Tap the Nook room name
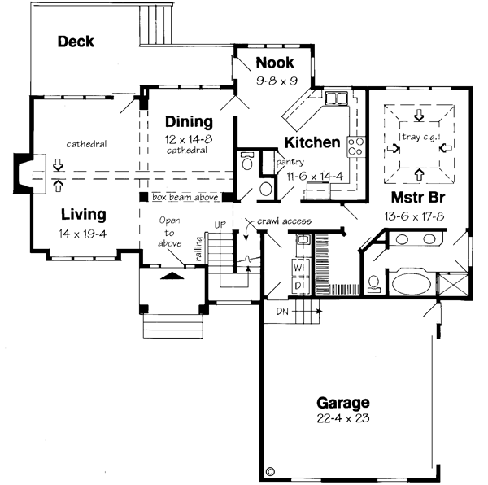click(x=274, y=63)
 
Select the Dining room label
click(x=189, y=122)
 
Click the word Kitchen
click(x=312, y=142)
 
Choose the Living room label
click(x=84, y=215)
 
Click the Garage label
click(x=343, y=403)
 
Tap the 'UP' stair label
click(x=219, y=224)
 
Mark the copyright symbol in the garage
click(x=271, y=470)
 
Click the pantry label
click(x=290, y=162)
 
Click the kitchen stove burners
click(x=355, y=146)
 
